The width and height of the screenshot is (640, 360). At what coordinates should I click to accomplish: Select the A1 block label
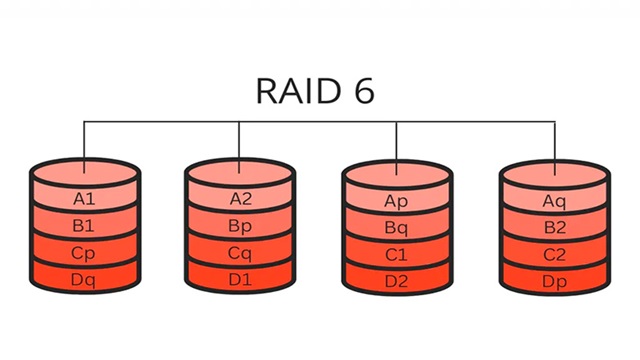click(x=84, y=199)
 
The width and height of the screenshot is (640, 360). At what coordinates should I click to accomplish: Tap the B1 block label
click(x=84, y=226)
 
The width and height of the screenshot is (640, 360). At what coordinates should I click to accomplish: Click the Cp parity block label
click(x=84, y=254)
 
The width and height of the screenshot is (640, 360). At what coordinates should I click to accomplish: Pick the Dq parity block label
click(x=84, y=281)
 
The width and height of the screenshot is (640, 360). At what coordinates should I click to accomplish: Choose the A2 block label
click(x=241, y=199)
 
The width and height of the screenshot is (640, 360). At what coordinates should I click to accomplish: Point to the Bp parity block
click(x=241, y=226)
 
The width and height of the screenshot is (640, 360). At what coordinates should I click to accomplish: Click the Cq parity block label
click(x=241, y=254)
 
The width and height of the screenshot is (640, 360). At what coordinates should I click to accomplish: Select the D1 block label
click(x=241, y=281)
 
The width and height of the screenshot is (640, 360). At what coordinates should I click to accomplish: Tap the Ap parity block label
click(x=397, y=201)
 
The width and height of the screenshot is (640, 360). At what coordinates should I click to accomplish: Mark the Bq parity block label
click(x=397, y=228)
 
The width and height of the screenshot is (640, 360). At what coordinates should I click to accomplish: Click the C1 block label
click(x=397, y=255)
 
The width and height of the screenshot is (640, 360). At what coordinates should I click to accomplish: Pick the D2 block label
click(x=397, y=282)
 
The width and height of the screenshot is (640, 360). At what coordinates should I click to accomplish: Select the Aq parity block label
click(x=554, y=201)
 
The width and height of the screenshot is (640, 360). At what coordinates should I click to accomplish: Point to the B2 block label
click(x=554, y=228)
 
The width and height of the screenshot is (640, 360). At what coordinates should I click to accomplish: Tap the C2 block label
click(x=554, y=255)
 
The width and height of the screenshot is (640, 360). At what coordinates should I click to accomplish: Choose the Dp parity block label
click(x=554, y=282)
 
